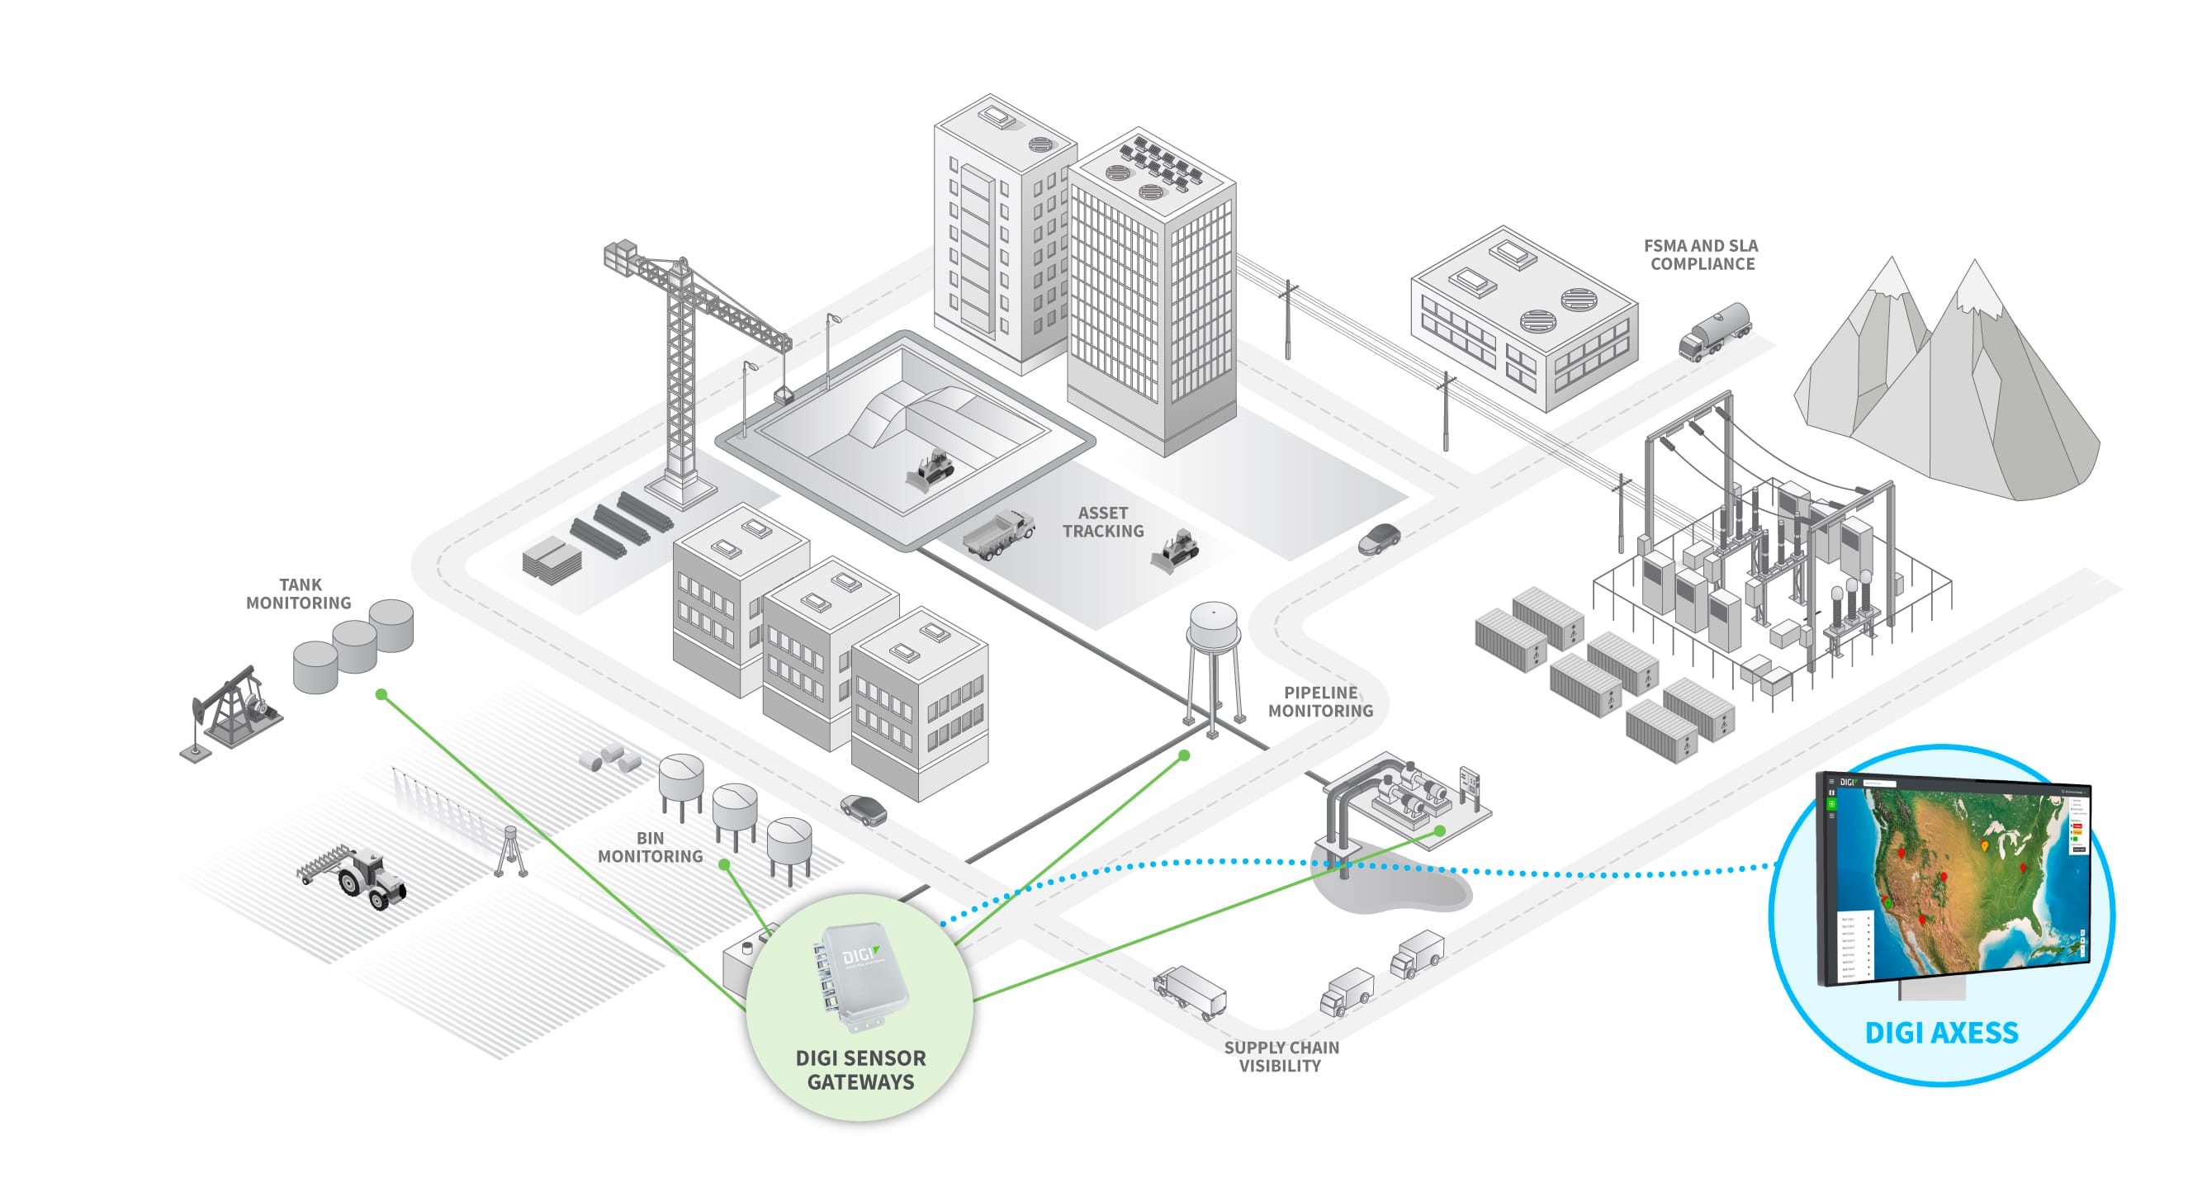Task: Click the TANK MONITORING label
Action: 299,594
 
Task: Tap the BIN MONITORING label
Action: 650,847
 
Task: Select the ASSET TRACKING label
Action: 1102,523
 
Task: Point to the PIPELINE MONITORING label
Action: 1320,702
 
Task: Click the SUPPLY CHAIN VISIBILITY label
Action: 1281,1057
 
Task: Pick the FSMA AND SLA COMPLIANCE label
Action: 1702,255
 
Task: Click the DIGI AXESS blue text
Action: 1941,1033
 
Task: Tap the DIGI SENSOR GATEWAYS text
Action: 860,1069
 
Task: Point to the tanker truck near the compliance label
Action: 1714,332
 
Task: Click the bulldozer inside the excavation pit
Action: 931,470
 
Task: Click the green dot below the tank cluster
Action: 381,694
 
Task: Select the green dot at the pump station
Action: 1440,830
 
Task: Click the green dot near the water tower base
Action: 1184,755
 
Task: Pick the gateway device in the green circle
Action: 860,977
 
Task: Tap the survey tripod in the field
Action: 509,850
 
